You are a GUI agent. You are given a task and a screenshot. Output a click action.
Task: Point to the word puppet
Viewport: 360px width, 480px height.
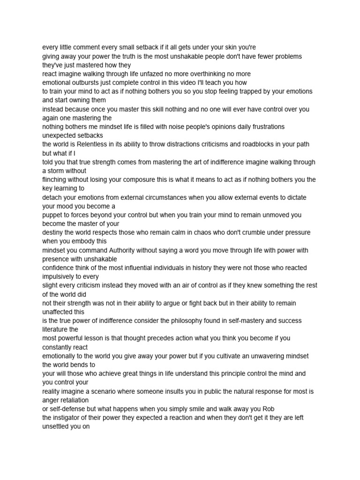pyautogui.click(x=52, y=215)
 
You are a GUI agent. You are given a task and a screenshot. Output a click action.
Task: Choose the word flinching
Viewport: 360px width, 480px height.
pyautogui.click(x=56, y=180)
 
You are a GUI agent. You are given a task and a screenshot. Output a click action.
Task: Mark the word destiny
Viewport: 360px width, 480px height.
pyautogui.click(x=53, y=232)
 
